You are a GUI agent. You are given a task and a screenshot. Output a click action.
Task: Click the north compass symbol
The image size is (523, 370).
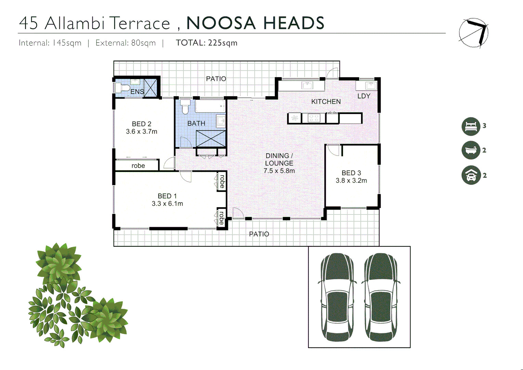(474, 33)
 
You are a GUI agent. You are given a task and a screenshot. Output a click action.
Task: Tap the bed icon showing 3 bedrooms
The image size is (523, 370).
(471, 126)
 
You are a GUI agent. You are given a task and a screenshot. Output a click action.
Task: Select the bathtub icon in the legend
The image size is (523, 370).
(471, 150)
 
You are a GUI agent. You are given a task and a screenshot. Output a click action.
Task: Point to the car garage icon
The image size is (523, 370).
(471, 175)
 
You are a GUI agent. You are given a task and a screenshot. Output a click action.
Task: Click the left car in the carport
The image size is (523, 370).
(337, 297)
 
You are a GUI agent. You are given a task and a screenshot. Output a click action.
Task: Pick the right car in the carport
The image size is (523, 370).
(380, 297)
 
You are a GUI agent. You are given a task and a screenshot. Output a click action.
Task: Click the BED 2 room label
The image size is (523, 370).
(141, 124)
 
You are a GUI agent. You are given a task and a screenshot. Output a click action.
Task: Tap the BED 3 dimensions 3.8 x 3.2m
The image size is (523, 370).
(351, 181)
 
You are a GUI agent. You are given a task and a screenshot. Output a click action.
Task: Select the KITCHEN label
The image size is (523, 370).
(326, 102)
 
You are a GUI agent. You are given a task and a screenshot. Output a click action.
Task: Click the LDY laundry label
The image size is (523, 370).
(364, 96)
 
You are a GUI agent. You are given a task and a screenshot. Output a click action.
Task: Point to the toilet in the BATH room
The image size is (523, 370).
(185, 107)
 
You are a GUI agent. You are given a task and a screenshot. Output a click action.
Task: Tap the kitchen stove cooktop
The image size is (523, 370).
(313, 118)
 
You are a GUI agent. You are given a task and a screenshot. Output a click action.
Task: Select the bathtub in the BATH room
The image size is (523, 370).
(210, 106)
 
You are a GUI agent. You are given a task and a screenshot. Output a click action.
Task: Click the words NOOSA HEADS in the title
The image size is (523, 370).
(255, 23)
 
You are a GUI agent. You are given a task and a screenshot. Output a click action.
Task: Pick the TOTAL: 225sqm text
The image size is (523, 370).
(206, 43)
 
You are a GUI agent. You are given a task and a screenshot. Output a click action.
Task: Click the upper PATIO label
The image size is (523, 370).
(216, 79)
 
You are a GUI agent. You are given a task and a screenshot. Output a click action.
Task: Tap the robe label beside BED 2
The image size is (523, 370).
(138, 166)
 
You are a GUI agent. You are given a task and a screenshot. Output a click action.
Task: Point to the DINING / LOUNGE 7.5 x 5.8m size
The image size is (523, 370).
(279, 171)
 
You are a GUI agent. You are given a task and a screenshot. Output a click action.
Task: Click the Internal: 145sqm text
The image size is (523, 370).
(50, 43)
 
